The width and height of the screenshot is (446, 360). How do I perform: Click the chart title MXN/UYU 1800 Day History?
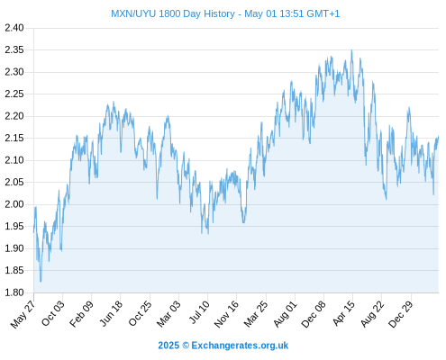coord(173,13)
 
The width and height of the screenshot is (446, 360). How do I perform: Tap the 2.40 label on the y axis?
coord(14,28)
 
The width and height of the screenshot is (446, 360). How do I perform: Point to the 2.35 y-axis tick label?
coord(14,49)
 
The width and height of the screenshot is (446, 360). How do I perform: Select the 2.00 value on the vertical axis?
coord(14,204)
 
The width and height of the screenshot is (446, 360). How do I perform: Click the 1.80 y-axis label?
coord(14,292)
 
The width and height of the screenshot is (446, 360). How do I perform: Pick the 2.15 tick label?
coord(14,138)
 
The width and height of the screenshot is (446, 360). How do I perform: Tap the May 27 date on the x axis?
coord(23,314)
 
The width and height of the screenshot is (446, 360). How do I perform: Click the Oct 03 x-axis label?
coord(53,313)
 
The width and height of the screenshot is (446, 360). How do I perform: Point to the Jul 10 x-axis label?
coord(199,312)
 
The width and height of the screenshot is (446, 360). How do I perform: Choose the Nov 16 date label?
coord(226,314)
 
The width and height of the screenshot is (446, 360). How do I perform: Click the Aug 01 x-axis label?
coord(286,314)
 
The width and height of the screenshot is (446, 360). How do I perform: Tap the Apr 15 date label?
coord(344,313)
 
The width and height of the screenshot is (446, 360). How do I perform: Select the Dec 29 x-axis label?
coord(401,314)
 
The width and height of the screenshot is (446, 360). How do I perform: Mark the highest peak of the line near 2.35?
coord(351,50)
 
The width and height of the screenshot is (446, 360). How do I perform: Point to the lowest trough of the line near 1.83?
coord(41,281)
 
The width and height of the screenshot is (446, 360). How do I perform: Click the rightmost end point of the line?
coord(439,137)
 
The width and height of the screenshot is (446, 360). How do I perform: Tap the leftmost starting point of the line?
coord(33,232)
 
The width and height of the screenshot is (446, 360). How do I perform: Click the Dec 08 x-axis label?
coord(314,314)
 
